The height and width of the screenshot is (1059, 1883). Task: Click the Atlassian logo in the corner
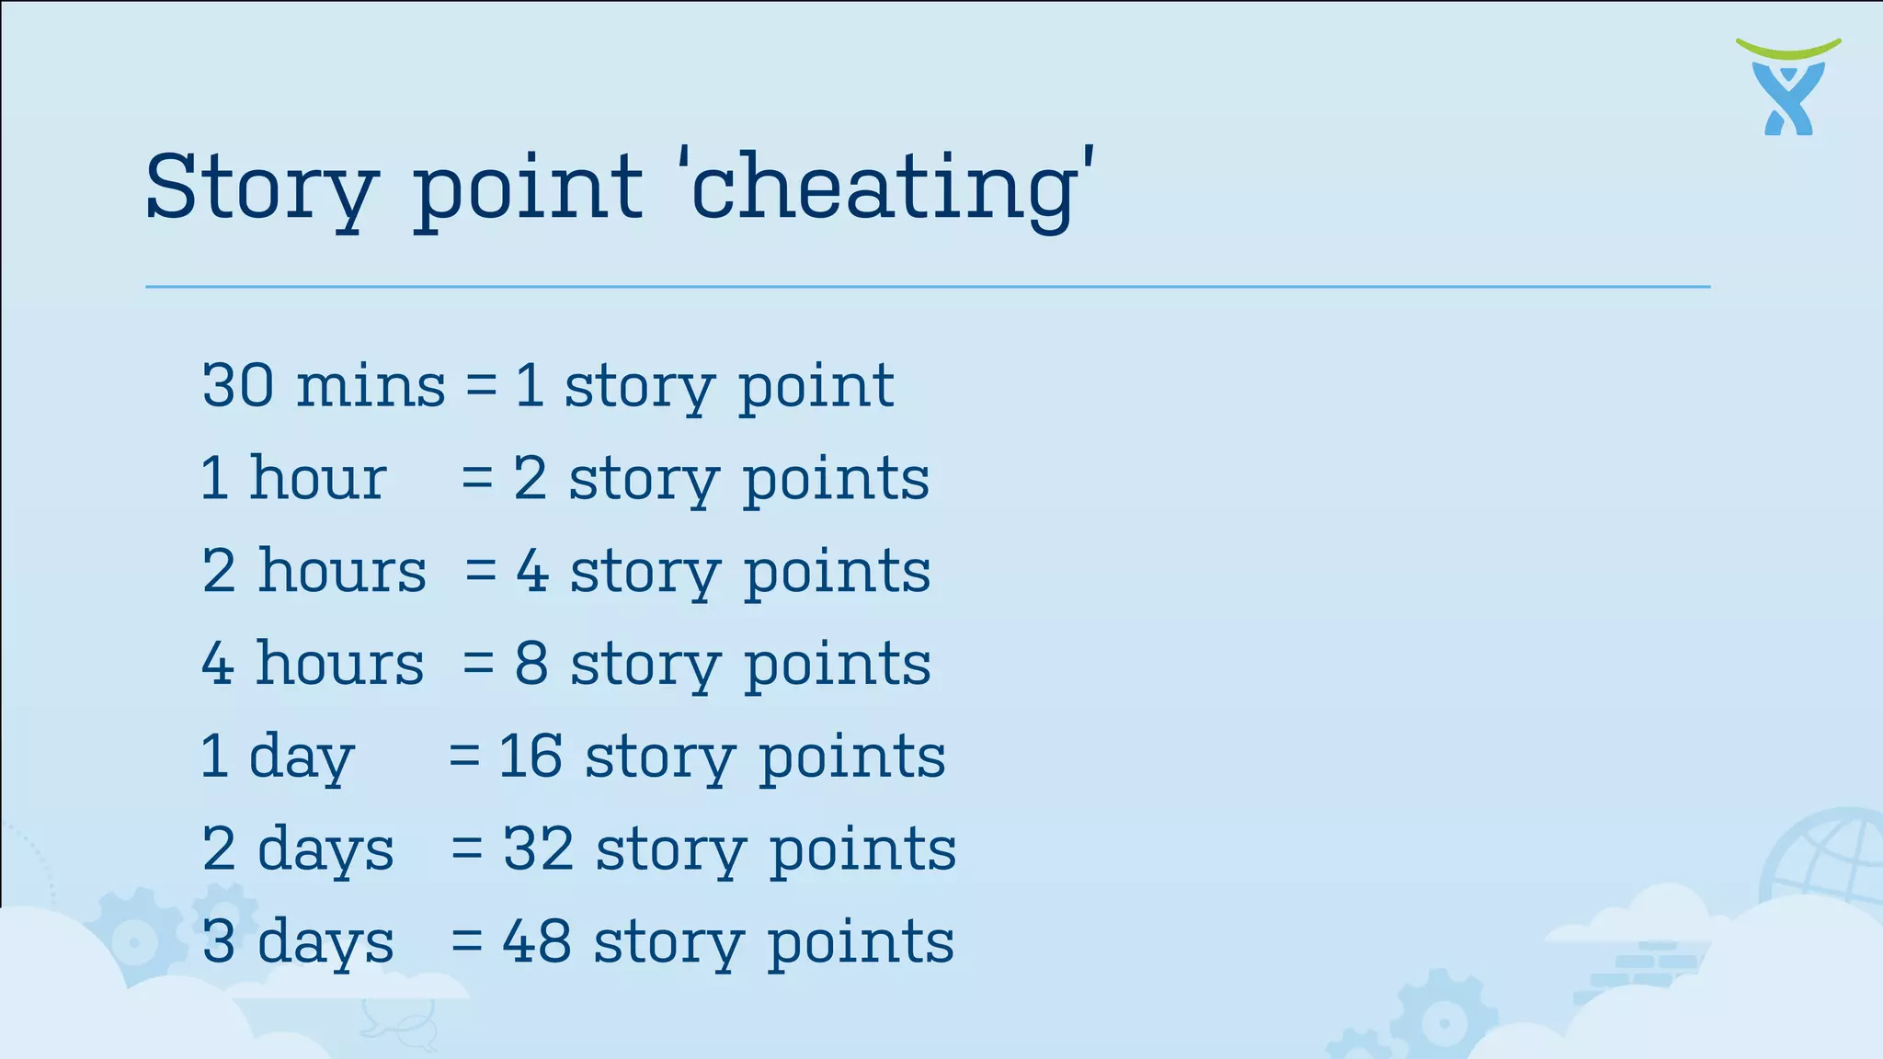click(1788, 87)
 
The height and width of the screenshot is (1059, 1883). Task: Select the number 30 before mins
click(238, 385)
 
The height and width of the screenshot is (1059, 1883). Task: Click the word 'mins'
click(371, 385)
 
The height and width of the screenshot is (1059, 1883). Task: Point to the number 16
click(531, 757)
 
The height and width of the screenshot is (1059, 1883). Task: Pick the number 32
click(539, 848)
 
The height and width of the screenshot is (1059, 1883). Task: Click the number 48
click(537, 941)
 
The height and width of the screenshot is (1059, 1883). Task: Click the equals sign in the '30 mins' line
click(481, 385)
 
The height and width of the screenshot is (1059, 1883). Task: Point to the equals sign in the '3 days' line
click(467, 941)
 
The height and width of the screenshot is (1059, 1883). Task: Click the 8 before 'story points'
click(531, 664)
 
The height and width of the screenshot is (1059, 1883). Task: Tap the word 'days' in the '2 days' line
click(325, 849)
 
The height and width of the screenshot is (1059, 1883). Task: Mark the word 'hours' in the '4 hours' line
click(340, 664)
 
